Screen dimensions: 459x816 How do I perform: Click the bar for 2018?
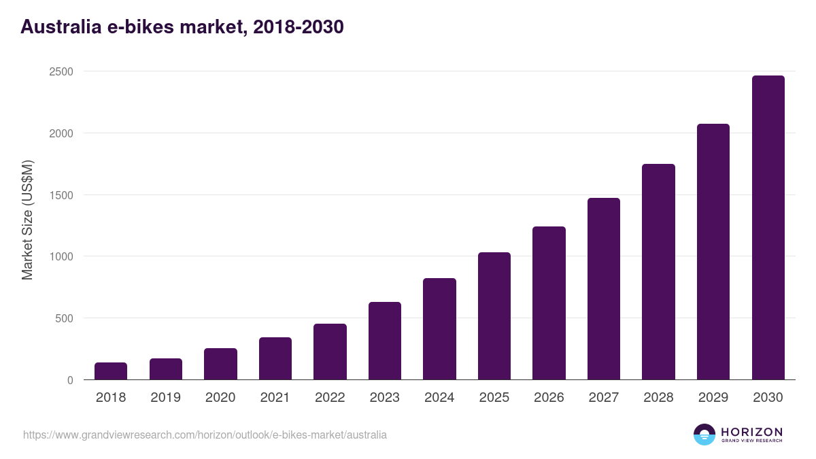[x=111, y=371]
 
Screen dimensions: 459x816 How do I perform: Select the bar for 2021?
[x=275, y=358]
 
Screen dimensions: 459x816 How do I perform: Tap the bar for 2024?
[x=439, y=329]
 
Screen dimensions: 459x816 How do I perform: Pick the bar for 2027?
[x=604, y=289]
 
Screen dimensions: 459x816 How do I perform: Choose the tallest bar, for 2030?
[x=768, y=228]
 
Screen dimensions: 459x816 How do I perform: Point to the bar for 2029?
[x=713, y=252]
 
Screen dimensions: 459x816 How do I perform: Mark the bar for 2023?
[x=385, y=341]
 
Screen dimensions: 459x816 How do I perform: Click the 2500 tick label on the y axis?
[x=61, y=71]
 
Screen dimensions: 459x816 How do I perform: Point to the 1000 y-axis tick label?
[x=61, y=256]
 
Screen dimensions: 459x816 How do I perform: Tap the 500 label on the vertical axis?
[x=64, y=318]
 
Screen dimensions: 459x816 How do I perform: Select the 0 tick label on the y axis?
[x=70, y=380]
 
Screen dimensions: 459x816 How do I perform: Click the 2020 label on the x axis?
[x=220, y=398]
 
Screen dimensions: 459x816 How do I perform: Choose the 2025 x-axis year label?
[x=494, y=398]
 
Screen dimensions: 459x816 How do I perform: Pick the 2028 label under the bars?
[x=658, y=398]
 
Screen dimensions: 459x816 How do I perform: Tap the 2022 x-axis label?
[x=330, y=398]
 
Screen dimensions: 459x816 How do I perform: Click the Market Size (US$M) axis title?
[x=27, y=220]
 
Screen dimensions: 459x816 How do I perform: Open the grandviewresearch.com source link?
[x=205, y=435]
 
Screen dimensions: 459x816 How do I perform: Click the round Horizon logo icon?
[x=704, y=435]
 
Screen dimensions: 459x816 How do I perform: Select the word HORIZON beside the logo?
[x=751, y=431]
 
